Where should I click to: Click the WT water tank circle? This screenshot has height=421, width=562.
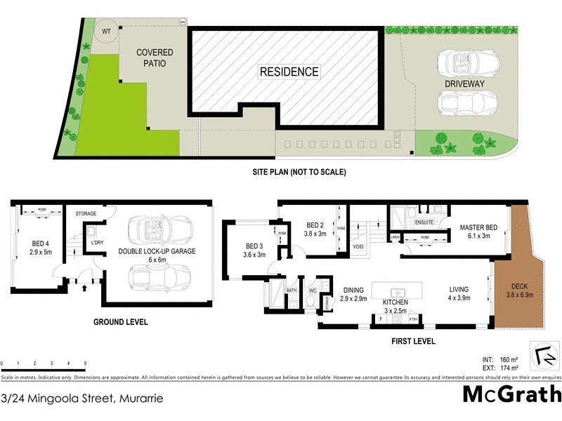click(x=107, y=32)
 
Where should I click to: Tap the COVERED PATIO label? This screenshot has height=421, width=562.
click(x=155, y=58)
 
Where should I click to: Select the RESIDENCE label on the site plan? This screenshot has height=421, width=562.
click(x=289, y=72)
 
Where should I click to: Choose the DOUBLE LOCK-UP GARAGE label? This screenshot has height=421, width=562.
click(x=157, y=250)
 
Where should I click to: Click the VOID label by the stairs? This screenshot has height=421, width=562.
click(x=358, y=247)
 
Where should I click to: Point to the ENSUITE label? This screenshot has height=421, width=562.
click(x=424, y=222)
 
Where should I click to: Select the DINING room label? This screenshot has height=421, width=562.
click(x=353, y=293)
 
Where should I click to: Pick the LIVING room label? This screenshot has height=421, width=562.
click(x=461, y=292)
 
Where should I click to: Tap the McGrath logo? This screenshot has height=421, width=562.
click(x=511, y=394)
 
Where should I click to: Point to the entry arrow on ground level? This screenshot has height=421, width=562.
click(x=86, y=287)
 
